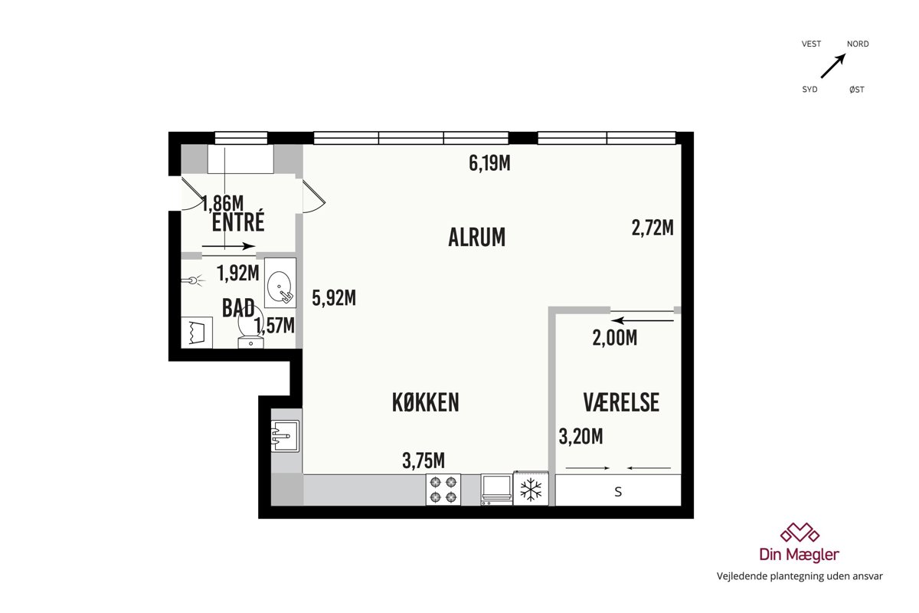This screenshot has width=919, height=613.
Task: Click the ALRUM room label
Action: [476, 238]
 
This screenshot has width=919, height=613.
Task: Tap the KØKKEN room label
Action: [426, 402]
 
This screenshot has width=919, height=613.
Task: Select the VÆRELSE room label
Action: [621, 402]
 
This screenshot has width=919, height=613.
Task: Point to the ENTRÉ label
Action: [238, 221]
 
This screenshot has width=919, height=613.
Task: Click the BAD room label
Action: [238, 308]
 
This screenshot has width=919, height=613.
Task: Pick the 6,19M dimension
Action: [490, 163]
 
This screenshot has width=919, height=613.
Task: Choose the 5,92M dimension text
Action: [334, 297]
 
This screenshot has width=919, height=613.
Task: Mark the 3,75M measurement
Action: [424, 461]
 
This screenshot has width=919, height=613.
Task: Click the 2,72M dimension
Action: [652, 228]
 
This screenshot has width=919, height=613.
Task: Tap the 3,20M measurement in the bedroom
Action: [581, 437]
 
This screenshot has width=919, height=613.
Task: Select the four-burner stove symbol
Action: [443, 490]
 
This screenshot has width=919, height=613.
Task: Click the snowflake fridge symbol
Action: [531, 489]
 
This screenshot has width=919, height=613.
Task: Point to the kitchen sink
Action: [286, 436]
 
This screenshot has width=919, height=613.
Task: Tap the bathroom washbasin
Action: [280, 284]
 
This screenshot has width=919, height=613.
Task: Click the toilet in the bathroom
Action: [250, 330]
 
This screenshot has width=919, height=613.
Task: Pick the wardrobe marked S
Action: [618, 490]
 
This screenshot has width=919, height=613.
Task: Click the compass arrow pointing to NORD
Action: [833, 66]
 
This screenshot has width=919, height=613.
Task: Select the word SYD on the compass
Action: [809, 90]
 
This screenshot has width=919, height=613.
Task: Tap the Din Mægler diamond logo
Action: [800, 533]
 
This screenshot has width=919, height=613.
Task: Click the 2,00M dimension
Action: [614, 339]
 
